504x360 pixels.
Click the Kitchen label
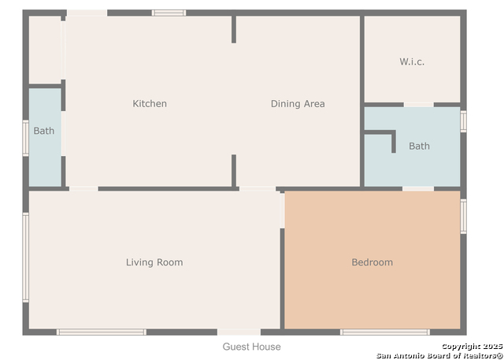click(x=150, y=103)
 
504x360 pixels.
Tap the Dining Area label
click(x=298, y=103)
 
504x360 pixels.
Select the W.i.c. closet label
click(x=412, y=61)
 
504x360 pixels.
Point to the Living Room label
click(x=154, y=262)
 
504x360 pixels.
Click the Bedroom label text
click(x=372, y=262)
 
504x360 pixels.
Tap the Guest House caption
click(x=252, y=347)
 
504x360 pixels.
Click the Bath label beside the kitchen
click(x=44, y=131)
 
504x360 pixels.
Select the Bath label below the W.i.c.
click(x=419, y=146)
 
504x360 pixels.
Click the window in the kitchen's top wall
click(x=169, y=13)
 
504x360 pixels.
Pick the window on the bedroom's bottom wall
click(x=385, y=332)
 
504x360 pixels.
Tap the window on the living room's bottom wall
click(x=102, y=332)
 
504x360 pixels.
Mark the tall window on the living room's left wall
click(x=26, y=258)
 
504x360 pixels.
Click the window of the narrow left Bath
click(x=26, y=138)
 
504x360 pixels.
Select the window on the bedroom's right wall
click(x=463, y=217)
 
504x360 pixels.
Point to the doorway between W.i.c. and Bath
click(x=418, y=105)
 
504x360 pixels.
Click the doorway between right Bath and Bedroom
click(x=418, y=189)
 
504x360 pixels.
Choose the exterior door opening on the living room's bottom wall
click(x=239, y=332)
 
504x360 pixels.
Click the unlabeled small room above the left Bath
click(x=45, y=50)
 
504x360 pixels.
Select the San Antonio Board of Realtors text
click(x=440, y=355)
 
